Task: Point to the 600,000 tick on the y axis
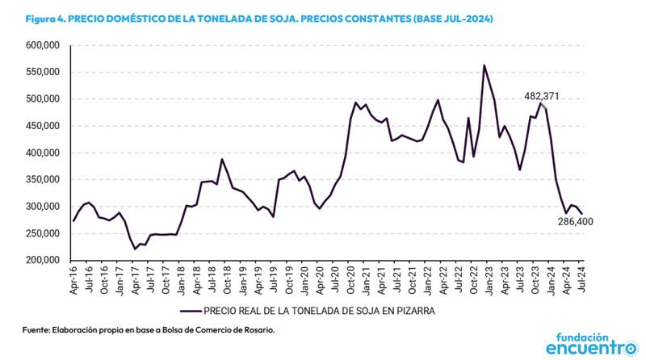(x=42, y=46)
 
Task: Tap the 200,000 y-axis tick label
(x=42, y=260)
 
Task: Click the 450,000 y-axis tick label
(x=42, y=126)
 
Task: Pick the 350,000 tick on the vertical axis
(x=42, y=179)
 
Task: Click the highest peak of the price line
(x=484, y=65)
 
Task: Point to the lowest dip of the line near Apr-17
(x=135, y=249)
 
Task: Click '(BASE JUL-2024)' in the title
(x=445, y=17)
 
